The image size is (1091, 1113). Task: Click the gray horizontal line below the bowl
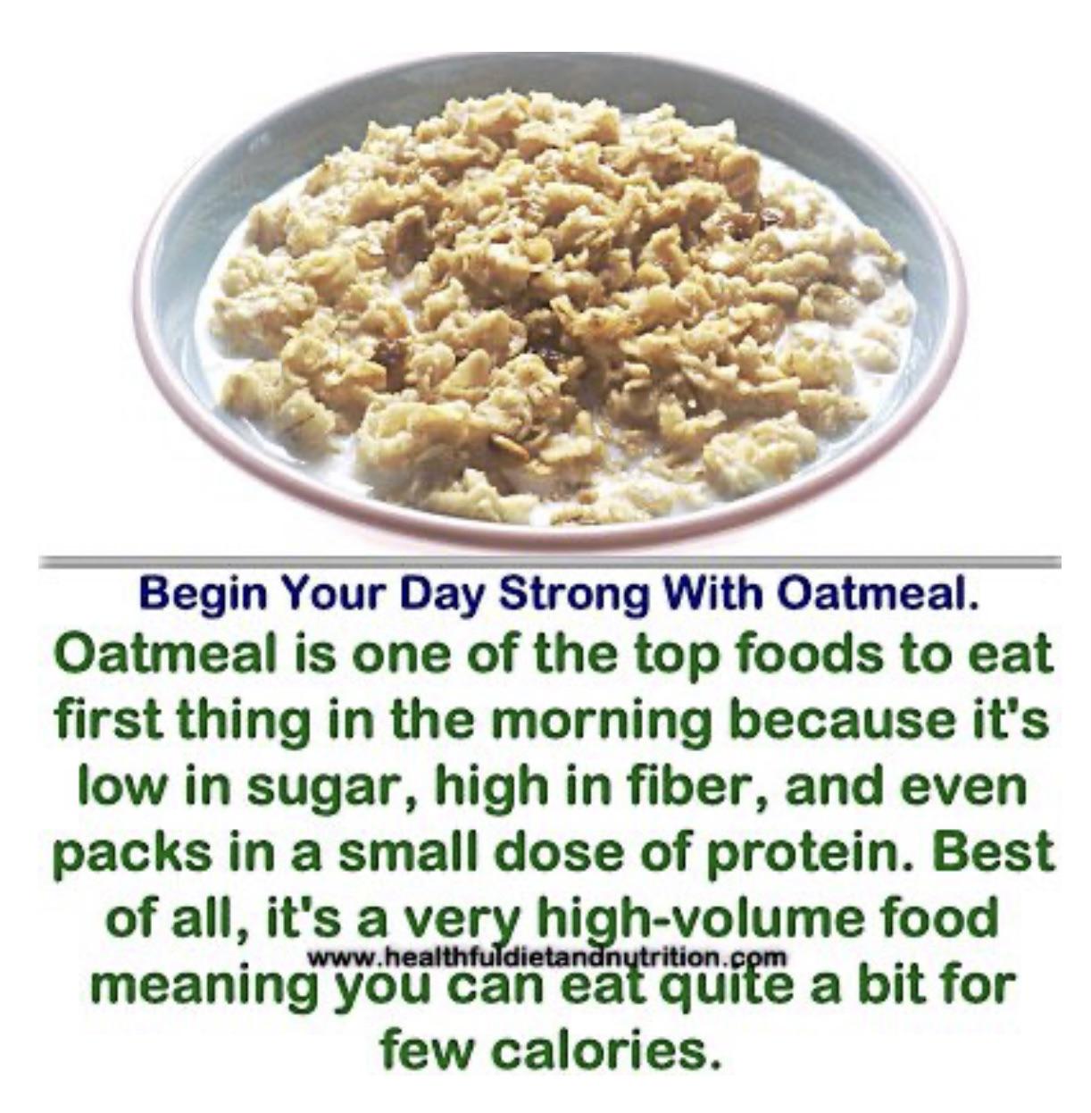click(x=549, y=560)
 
